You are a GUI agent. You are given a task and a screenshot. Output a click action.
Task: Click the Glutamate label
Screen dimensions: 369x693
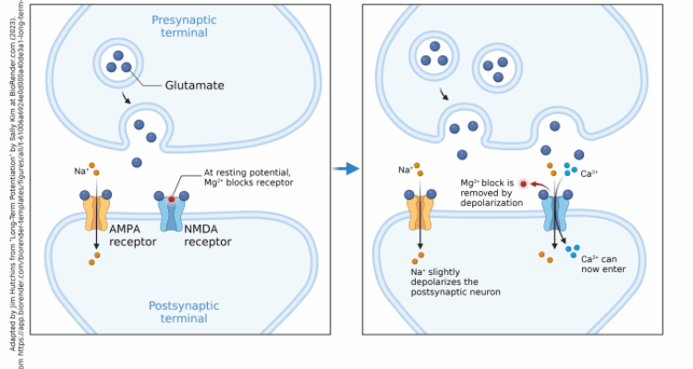point(195,86)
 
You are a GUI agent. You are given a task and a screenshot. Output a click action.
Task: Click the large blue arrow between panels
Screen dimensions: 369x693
point(346,169)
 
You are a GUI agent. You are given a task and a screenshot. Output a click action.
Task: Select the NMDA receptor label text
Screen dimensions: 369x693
point(208,235)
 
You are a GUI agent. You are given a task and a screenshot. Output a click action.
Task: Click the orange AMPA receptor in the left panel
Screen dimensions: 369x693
point(96,211)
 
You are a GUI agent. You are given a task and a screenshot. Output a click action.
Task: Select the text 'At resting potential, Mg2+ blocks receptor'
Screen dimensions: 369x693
point(249,177)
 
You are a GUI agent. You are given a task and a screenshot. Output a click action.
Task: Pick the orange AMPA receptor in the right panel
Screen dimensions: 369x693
point(419,211)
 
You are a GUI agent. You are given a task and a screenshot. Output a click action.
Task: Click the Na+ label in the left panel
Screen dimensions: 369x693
point(81,171)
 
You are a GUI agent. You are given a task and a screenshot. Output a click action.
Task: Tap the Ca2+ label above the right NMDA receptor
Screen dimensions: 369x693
point(589,173)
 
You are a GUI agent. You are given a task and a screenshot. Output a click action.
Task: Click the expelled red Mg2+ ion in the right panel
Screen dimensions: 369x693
point(523,184)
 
